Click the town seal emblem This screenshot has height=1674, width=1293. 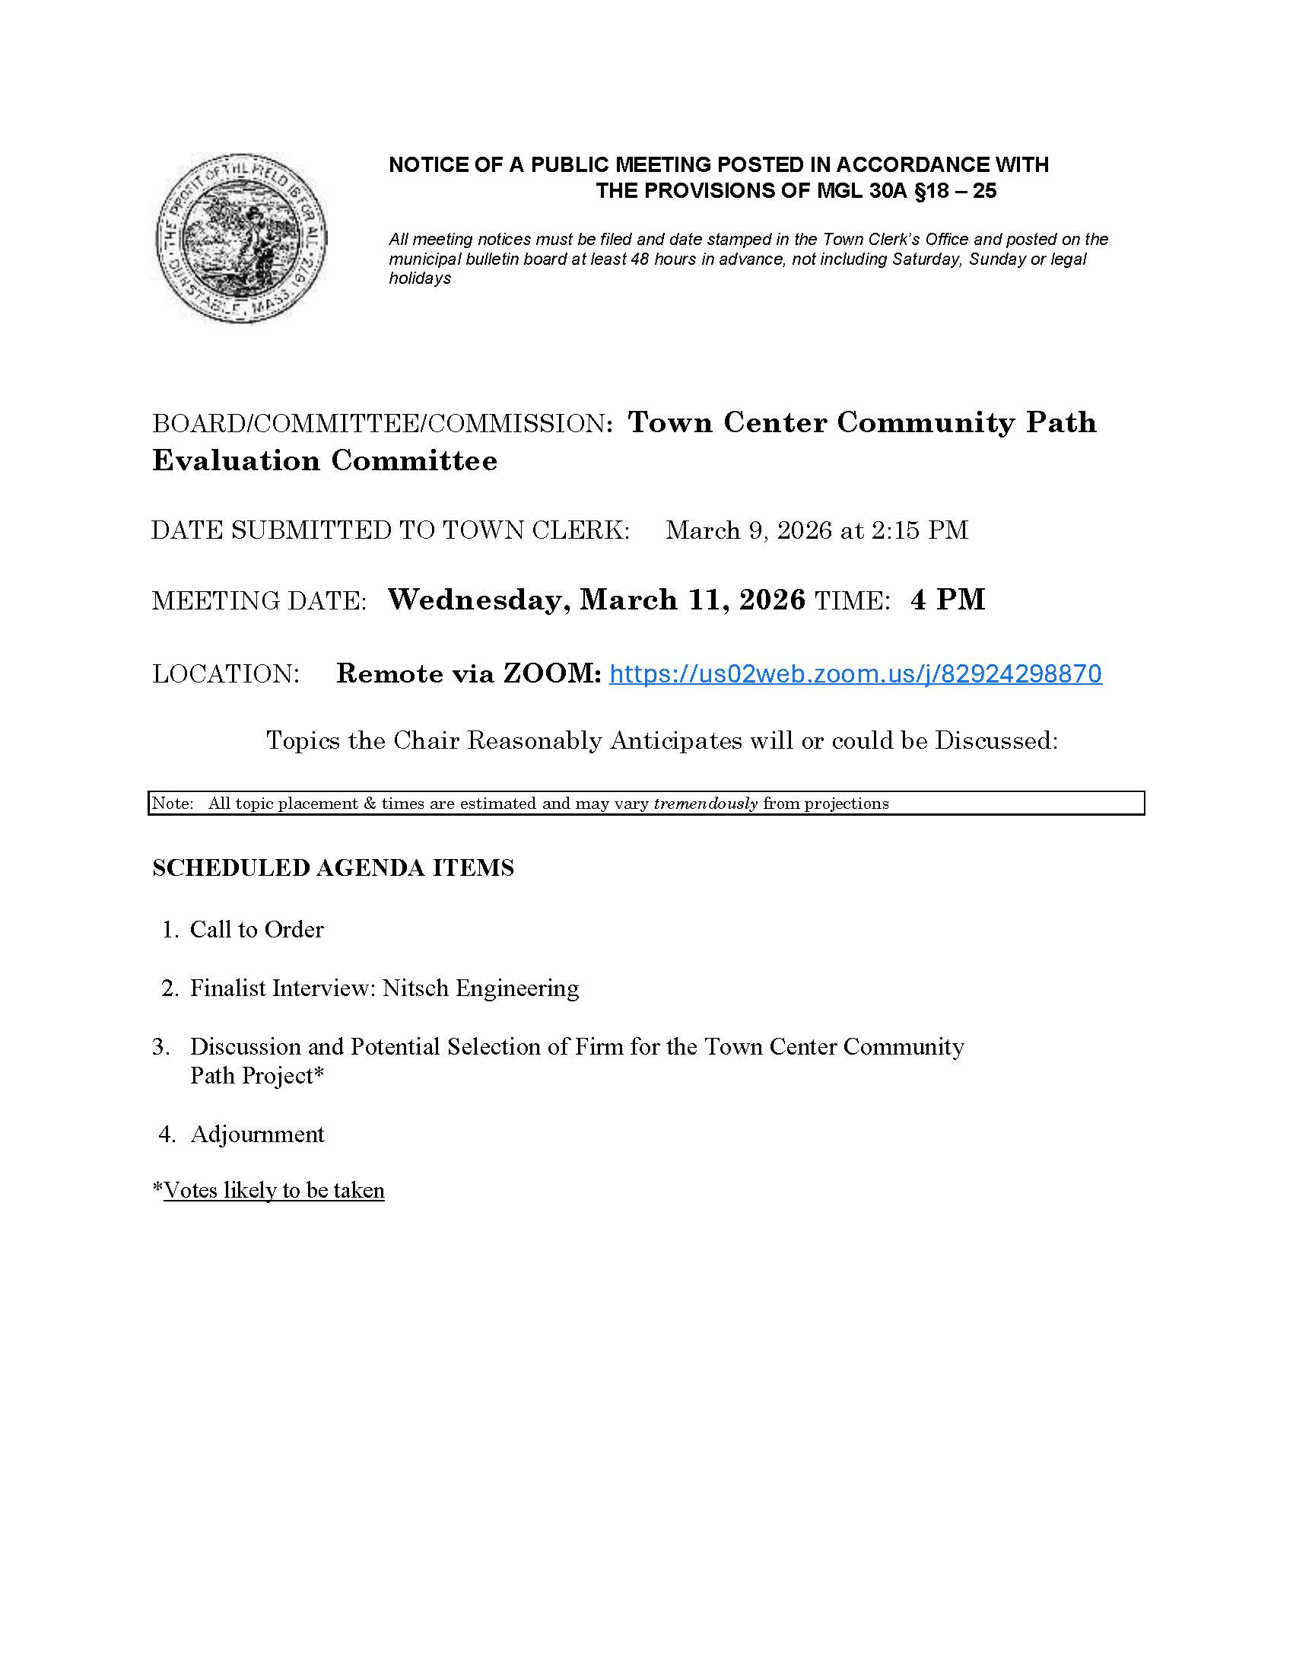241,237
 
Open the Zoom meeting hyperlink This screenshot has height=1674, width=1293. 855,673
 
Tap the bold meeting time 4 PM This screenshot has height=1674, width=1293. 948,600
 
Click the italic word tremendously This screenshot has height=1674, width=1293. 705,804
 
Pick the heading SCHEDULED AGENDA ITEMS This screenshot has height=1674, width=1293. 332,867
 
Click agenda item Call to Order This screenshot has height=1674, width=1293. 256,930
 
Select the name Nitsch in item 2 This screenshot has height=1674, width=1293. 415,988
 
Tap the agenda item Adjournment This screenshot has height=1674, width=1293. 256,1134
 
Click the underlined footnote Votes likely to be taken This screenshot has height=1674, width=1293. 274,1190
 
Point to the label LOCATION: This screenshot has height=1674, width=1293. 225,673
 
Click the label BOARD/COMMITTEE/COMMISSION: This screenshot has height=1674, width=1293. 383,423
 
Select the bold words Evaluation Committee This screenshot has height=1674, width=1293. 325,460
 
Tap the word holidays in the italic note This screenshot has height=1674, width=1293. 420,278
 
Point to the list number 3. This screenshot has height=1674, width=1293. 160,1046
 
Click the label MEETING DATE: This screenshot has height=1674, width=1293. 259,600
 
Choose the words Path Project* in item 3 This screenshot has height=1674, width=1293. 256,1075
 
